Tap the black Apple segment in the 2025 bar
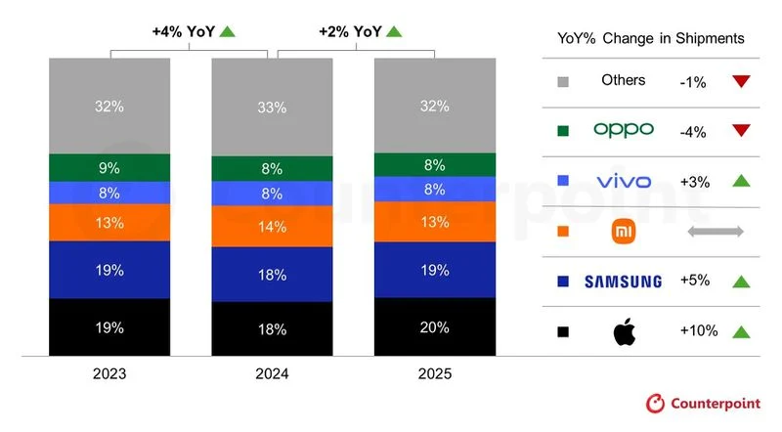[x=434, y=327]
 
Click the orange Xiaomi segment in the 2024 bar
[x=272, y=227]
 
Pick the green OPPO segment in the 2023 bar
[x=109, y=167]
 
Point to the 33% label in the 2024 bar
[x=272, y=108]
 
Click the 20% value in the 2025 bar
[x=434, y=327]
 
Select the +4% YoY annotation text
[x=182, y=31]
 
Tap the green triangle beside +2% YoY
[x=394, y=31]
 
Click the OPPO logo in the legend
[x=623, y=129]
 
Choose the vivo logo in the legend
[x=623, y=180]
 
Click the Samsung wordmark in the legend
[x=623, y=281]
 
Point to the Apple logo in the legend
[x=623, y=331]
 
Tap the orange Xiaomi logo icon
[x=623, y=231]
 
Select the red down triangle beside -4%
[x=741, y=130]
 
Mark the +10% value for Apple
[x=699, y=331]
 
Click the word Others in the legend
[x=623, y=80]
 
